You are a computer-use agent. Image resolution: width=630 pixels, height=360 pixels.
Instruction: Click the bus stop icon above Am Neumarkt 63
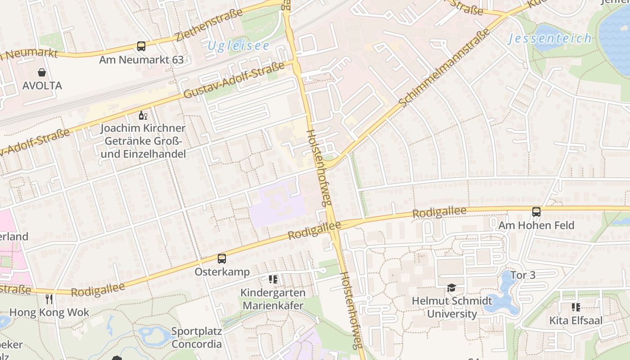click(141, 46)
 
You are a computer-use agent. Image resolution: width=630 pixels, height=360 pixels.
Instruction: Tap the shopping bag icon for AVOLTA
click(42, 72)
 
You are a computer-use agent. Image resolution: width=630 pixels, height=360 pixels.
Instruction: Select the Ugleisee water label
click(239, 46)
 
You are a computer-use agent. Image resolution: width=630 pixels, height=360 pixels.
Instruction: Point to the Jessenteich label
click(550, 39)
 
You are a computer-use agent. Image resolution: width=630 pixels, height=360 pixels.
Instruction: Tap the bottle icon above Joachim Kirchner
click(143, 116)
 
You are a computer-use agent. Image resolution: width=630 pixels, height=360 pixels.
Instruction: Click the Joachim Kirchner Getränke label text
click(143, 141)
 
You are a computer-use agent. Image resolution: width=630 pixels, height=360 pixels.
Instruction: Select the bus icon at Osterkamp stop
click(222, 259)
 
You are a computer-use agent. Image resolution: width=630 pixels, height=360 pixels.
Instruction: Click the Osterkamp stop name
click(222, 272)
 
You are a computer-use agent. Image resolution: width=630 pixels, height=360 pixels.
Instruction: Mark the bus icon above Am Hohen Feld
click(536, 211)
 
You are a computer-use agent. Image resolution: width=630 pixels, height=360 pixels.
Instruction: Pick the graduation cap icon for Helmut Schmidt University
click(451, 288)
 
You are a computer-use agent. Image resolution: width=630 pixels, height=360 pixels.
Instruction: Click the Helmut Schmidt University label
click(452, 307)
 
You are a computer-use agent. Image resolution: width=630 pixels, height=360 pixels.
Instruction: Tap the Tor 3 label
click(523, 275)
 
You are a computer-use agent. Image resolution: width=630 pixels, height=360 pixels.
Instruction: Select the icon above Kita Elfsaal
click(576, 307)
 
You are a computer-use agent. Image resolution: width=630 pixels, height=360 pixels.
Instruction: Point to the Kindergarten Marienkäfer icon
click(273, 279)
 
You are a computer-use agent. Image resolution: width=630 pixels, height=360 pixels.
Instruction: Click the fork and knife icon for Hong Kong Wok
click(49, 299)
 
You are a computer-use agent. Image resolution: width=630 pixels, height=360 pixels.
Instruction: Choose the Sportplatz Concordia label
click(197, 338)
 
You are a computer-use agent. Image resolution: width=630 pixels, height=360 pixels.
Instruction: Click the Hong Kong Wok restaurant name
click(49, 312)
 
